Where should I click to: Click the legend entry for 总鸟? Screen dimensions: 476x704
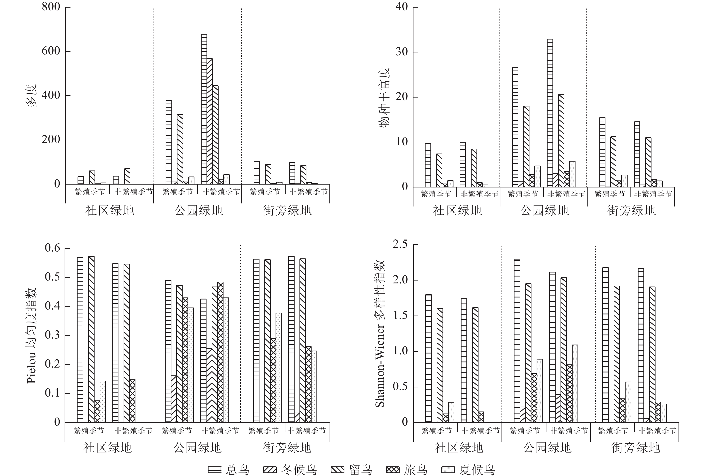tap(229, 470)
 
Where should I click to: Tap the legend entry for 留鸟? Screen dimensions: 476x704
tap(351, 470)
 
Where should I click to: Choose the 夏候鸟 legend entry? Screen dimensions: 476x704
tap(468, 470)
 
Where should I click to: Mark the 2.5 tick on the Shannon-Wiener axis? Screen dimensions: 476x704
tap(400, 244)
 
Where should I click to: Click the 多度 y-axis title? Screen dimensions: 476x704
tap(31, 95)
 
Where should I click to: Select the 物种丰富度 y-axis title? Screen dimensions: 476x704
tap(385, 97)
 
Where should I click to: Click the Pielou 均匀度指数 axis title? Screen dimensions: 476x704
tap(32, 336)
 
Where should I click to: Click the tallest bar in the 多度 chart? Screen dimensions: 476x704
tap(204, 109)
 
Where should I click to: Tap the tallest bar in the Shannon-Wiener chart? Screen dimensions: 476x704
tap(517, 341)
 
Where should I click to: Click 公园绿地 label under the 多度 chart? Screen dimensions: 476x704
tap(198, 210)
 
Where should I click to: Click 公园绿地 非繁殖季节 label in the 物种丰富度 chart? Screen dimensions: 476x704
tap(566, 194)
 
